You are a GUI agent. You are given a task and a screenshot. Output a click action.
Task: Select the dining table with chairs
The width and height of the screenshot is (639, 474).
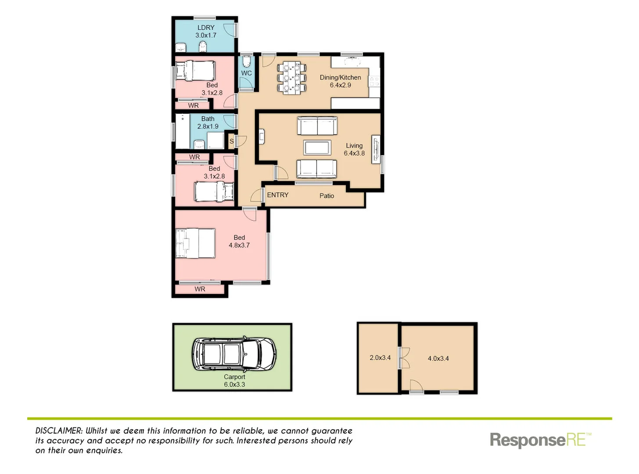291,78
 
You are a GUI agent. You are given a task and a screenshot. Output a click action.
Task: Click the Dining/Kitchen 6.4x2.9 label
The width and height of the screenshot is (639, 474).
340,81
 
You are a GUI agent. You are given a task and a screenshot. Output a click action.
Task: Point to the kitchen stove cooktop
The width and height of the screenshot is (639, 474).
374,81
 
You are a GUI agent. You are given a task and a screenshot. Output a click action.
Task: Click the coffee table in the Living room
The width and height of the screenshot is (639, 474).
317,147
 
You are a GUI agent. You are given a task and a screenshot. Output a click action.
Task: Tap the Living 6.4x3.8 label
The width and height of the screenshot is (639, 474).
354,149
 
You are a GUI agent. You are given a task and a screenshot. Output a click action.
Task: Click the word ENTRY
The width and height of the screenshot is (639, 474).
277,195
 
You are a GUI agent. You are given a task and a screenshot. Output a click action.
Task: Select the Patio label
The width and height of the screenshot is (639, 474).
327,196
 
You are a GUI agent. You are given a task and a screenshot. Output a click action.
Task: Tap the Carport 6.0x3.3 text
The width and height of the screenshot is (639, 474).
234,381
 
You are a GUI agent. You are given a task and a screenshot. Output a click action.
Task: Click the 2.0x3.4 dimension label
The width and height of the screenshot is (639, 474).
380,358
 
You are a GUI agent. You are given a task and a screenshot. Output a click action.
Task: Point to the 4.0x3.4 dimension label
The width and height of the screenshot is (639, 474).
438,359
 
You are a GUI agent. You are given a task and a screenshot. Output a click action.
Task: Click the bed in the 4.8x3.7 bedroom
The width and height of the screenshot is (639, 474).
195,243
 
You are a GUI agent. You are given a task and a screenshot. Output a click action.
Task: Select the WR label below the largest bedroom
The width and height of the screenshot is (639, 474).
200,289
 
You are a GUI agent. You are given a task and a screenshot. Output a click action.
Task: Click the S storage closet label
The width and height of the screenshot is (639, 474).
231,141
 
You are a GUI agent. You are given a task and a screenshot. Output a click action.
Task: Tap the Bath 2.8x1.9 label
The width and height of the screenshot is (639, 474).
208,122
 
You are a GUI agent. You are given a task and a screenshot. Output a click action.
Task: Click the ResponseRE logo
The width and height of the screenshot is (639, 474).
540,440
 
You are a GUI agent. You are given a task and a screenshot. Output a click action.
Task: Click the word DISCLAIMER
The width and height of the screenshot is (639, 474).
58,431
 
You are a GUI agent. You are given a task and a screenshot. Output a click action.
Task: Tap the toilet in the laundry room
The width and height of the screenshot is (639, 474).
202,47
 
